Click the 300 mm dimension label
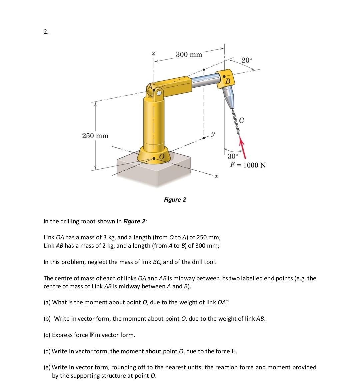point(189,54)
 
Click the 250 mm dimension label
point(95,136)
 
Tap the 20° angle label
point(247,60)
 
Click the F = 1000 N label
point(248,165)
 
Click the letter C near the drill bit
point(242,120)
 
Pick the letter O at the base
point(162,157)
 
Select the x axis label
point(216,176)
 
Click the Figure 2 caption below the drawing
point(175,200)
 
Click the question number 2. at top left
point(46,32)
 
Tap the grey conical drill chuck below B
point(229,95)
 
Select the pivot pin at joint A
point(159,93)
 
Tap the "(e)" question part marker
point(47,367)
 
